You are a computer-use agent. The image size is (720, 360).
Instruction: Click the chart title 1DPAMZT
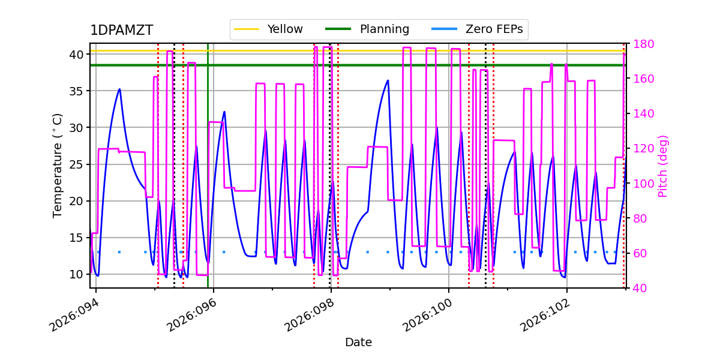click(121, 31)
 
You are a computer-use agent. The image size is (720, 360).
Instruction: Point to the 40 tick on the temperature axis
click(76, 55)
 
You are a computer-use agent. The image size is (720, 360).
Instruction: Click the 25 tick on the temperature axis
click(76, 164)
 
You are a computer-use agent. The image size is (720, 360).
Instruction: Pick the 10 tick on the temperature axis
click(76, 274)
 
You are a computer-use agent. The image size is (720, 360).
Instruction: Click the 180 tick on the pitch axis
click(639, 44)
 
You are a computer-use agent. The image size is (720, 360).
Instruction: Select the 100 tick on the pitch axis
click(639, 184)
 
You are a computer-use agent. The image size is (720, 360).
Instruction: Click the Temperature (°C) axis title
click(58, 166)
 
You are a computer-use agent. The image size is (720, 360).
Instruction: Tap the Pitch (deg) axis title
click(663, 166)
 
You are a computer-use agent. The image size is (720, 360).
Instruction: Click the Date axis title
click(358, 343)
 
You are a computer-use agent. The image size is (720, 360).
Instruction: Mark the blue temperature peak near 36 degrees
click(388, 80)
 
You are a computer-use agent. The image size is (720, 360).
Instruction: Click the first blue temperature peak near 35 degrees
click(119, 89)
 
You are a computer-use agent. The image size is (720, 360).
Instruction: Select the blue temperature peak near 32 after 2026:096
click(224, 112)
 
